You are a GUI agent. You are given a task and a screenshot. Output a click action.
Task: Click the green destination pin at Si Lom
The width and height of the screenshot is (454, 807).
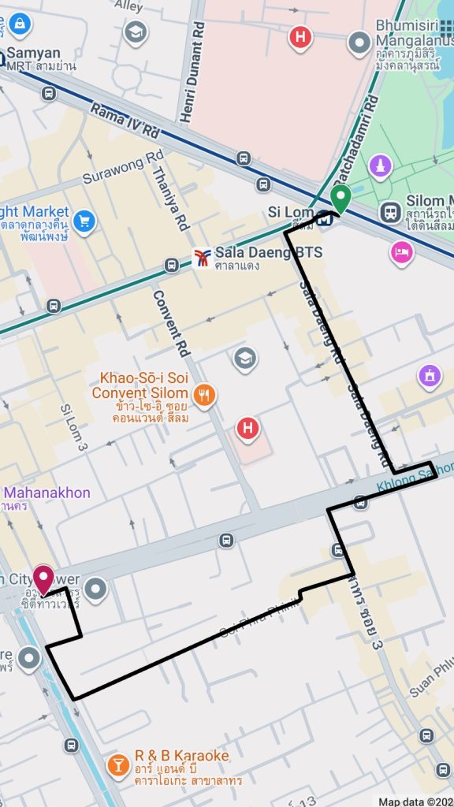340,197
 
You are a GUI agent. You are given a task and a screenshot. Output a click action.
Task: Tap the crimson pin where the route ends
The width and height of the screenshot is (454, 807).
43,579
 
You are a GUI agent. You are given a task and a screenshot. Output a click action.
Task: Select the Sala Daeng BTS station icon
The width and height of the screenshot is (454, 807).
203,258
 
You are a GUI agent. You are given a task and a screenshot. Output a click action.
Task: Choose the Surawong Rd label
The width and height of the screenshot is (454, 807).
123,166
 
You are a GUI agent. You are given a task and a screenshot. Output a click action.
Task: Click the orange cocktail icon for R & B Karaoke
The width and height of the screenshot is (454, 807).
118,764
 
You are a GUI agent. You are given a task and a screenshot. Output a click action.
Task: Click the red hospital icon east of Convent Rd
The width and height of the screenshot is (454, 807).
247,430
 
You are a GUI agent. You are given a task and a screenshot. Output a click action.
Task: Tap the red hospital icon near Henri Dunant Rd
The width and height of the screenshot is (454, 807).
300,36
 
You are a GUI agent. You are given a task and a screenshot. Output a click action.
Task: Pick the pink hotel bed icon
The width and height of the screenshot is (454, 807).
401,252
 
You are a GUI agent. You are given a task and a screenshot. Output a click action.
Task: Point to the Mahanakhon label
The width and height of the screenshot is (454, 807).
45,493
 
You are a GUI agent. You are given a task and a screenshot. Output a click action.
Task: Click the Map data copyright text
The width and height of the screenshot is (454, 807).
415,801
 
